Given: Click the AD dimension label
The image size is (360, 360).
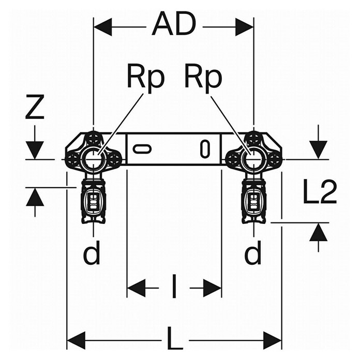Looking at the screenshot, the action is [174, 24].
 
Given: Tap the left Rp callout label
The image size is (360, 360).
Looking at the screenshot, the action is [146, 78].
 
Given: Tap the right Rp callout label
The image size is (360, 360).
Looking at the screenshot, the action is [203, 78].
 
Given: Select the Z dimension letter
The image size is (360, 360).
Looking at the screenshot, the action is [35, 108].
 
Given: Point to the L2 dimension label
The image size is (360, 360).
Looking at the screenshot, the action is [320, 192].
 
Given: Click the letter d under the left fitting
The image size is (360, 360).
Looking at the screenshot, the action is [92, 252].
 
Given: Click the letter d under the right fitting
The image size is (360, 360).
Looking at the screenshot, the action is [253, 252].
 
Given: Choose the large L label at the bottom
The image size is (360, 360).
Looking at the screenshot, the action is [174, 338].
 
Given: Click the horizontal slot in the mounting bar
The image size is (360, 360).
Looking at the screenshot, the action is [142, 148].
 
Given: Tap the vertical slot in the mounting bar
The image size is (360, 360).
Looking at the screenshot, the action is [205, 149].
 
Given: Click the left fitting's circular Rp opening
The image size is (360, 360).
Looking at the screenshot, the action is [93, 159].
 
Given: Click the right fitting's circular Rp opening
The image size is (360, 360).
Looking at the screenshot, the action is [253, 159].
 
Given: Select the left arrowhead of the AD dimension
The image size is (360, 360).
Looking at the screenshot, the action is [103, 27].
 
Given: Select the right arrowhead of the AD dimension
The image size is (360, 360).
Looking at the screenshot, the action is [244, 27].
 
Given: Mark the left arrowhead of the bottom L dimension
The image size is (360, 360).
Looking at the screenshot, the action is [76, 340].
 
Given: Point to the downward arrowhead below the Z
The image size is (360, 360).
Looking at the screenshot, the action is [35, 150].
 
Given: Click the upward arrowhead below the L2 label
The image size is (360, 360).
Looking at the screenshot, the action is [318, 232].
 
